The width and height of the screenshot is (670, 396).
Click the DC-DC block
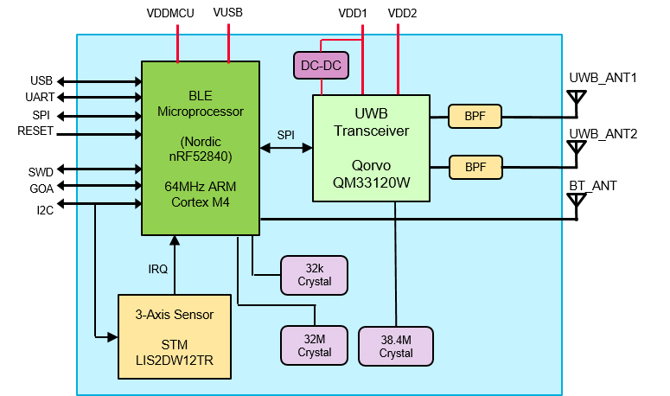pos(322,65)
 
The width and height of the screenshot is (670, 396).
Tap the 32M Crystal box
pos(314,346)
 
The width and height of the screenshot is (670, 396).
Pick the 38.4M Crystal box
pos(396,346)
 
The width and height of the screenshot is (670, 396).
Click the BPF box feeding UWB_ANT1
pos(475,115)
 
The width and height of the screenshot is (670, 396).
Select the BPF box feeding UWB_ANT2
pos(475,166)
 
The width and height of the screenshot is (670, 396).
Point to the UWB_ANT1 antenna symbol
pos(575,101)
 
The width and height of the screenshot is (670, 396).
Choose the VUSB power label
pos(228,14)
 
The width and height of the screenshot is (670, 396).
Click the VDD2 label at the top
pos(402,14)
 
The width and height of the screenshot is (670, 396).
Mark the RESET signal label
pos(35,131)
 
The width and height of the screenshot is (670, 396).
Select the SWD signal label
pos(41,171)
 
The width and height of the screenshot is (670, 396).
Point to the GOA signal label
pos(41,188)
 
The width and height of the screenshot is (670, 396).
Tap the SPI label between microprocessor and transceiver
pos(285,134)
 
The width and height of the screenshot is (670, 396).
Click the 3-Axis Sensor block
pos(174,336)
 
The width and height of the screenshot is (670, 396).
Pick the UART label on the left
pos(40,98)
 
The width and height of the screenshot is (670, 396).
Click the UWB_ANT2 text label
pos(603,133)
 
